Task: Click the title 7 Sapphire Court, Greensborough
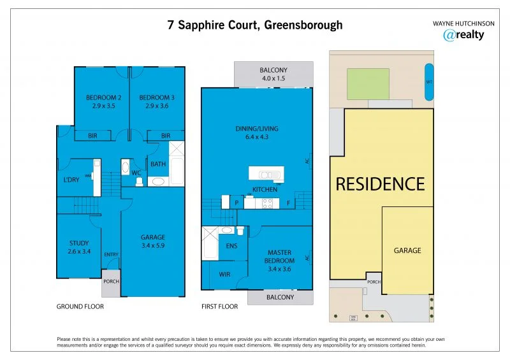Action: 255,25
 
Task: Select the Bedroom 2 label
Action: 104,102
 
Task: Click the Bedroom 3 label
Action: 157,102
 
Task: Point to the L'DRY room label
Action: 71,180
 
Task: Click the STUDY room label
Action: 80,247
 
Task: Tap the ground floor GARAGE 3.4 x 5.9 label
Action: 153,241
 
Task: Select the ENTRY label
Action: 111,255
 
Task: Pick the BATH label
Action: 157,164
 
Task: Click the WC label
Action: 136,172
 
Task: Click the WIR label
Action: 224,275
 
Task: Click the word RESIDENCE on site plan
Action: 380,184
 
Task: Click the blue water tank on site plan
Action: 428,82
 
